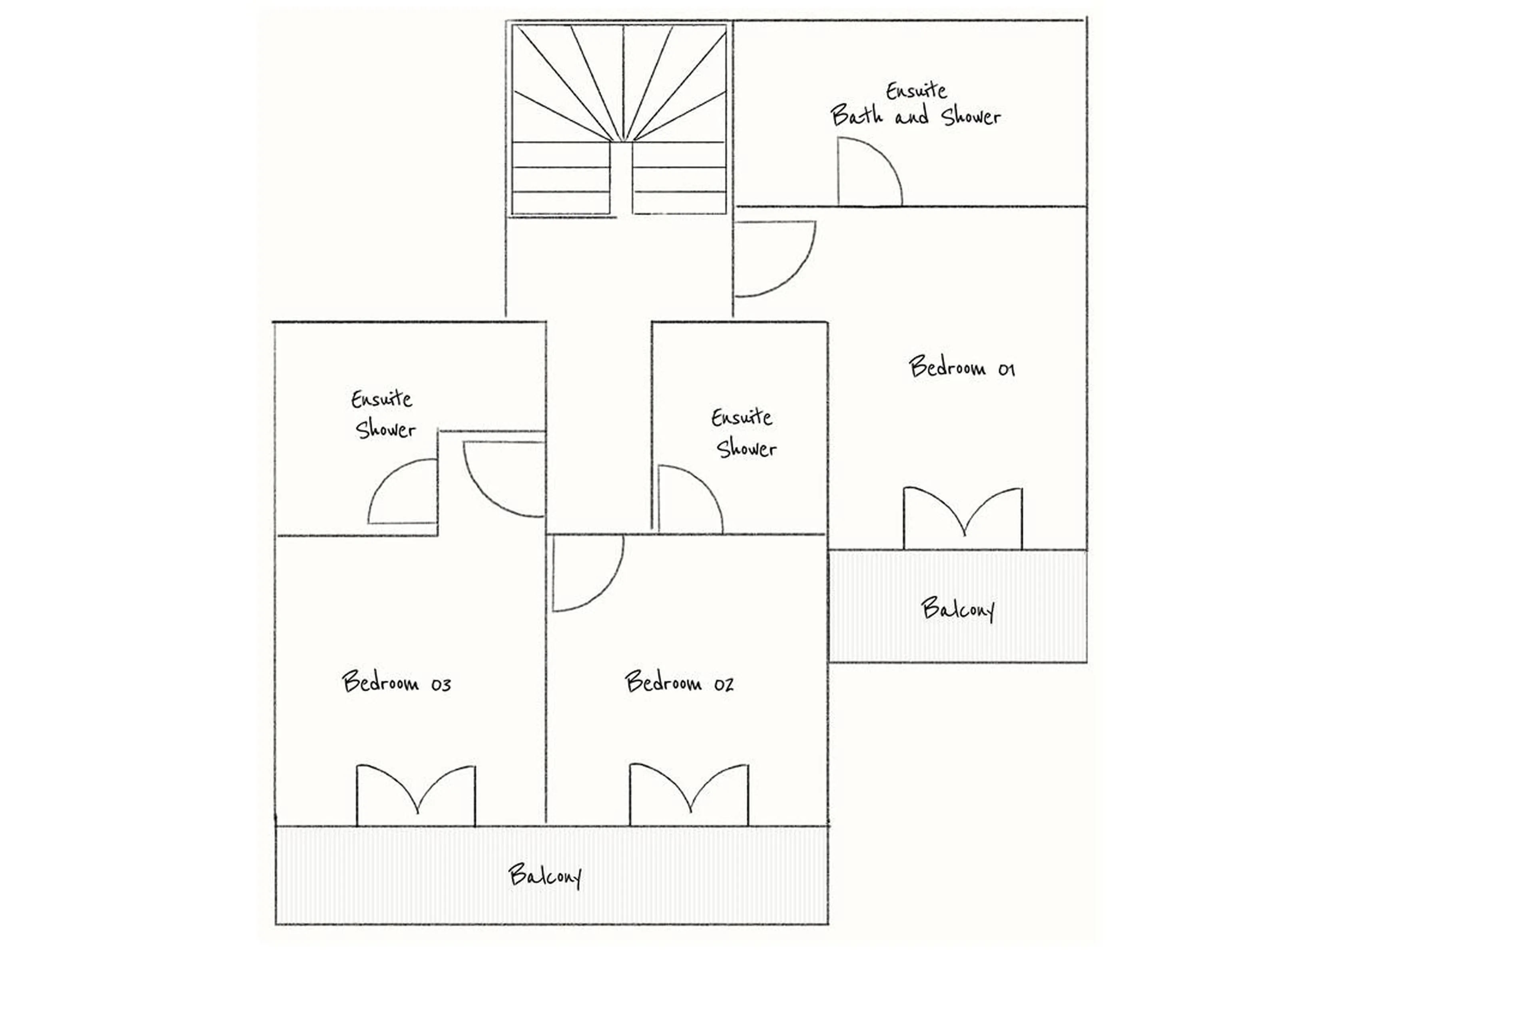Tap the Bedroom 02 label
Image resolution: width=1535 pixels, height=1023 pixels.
(678, 682)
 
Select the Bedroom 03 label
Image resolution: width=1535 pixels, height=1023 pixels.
(396, 682)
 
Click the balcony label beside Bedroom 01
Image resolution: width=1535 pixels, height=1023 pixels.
(957, 609)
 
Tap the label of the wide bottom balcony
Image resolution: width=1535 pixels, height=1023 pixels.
(545, 875)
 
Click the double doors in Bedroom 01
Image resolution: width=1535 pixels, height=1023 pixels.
(962, 518)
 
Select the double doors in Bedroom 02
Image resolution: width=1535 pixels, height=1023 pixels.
(689, 795)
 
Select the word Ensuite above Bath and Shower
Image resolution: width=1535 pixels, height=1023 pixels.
(916, 90)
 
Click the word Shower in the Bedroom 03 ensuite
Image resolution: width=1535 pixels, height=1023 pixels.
(385, 429)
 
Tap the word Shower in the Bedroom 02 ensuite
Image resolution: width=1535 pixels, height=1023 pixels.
(746, 448)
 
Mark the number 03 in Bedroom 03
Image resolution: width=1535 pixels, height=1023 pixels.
(441, 684)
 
